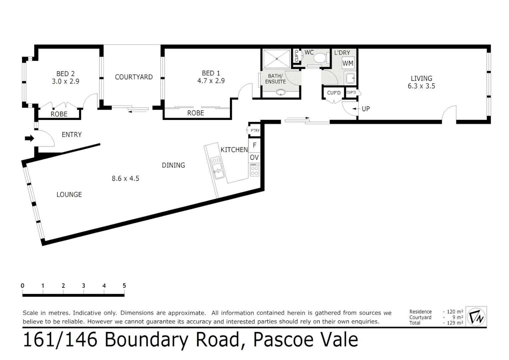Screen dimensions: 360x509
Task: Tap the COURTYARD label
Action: click(x=134, y=77)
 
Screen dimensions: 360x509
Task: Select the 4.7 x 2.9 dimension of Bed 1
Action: click(x=211, y=81)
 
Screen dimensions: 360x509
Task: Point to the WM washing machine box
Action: click(x=348, y=63)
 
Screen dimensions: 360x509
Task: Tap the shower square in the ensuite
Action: click(x=276, y=59)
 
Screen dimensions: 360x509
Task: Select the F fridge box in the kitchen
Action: click(x=254, y=145)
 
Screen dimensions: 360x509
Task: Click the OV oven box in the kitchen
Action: click(x=254, y=157)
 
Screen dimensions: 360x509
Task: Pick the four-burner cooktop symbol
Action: click(x=254, y=170)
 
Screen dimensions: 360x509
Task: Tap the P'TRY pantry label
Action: click(x=255, y=130)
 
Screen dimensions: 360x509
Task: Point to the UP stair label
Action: click(x=365, y=109)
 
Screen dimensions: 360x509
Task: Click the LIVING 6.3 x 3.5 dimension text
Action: click(x=421, y=86)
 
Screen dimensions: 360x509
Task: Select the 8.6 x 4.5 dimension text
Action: click(x=125, y=178)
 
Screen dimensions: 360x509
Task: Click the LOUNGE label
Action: click(x=69, y=194)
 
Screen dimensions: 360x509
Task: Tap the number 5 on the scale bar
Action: click(x=124, y=286)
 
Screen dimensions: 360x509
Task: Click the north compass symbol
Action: click(x=476, y=316)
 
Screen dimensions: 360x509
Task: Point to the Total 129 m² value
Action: click(x=455, y=323)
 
